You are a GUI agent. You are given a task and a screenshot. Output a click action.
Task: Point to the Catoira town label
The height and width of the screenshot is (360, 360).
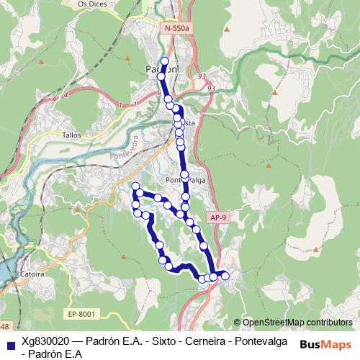pyautogui.click(x=33, y=274)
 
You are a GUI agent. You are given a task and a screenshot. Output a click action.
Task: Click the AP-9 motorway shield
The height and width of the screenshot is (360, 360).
pyautogui.click(x=219, y=216)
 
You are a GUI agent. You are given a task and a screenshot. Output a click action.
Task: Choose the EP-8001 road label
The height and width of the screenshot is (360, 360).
pyautogui.click(x=81, y=313)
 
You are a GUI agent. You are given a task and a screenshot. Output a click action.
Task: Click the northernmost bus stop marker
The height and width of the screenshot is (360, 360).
pyautogui.click(x=165, y=61)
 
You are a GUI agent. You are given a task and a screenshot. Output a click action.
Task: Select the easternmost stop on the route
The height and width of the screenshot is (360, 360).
pyautogui.click(x=225, y=275)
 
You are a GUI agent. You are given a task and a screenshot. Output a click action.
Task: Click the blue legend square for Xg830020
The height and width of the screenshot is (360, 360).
pyautogui.click(x=9, y=342)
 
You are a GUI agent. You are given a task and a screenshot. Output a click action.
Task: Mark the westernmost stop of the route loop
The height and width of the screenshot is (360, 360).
pyautogui.click(x=134, y=187)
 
